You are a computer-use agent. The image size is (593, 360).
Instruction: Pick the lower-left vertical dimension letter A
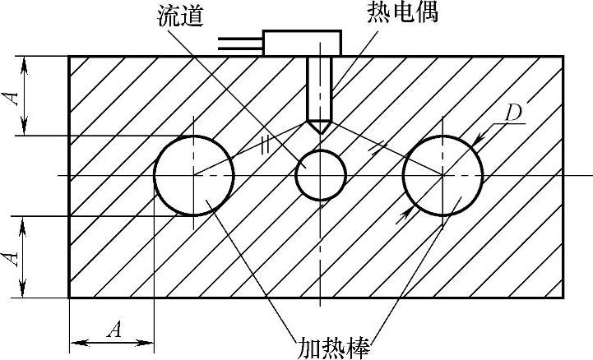coord(12,257)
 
